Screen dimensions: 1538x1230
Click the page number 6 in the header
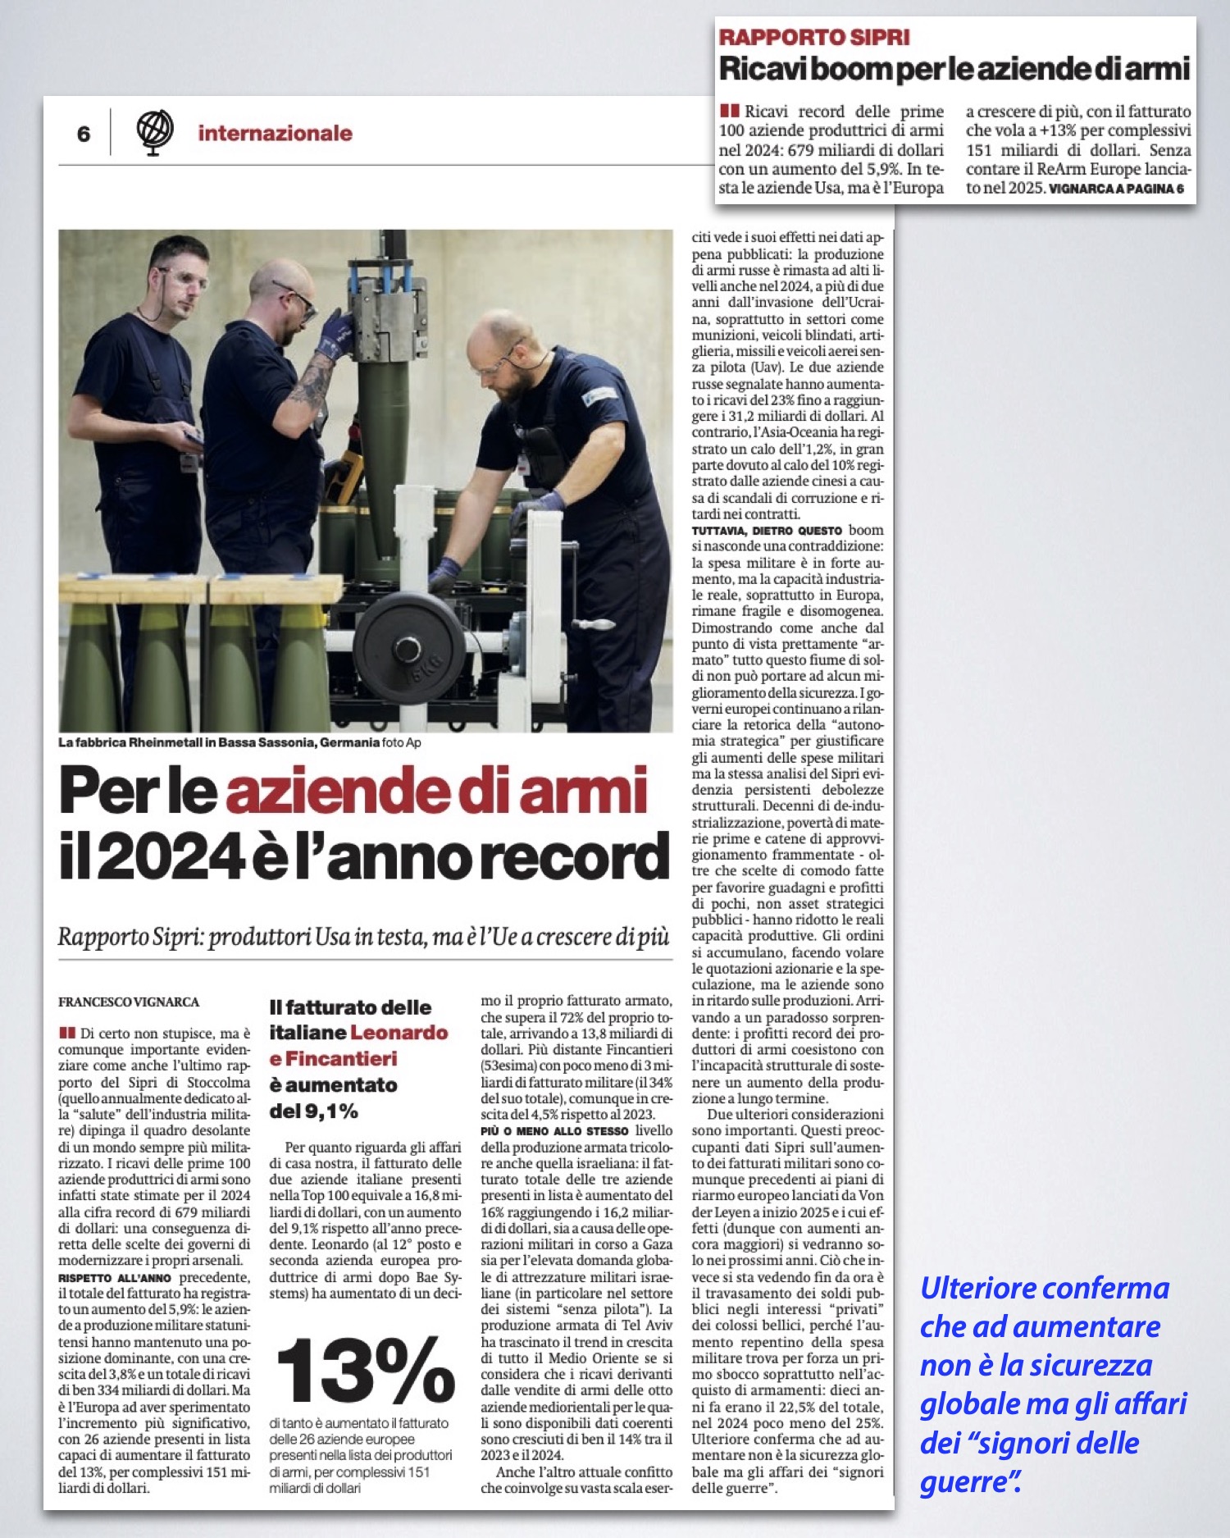tap(84, 135)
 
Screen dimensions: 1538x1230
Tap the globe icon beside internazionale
tap(154, 131)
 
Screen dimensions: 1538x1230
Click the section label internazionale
tap(275, 134)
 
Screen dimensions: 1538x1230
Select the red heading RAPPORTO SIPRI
tap(813, 38)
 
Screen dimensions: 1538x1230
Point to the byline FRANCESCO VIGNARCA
tap(129, 1002)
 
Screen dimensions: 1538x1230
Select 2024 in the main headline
tap(172, 857)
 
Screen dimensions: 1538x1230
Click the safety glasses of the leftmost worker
tap(187, 278)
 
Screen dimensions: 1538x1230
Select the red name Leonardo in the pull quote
tap(399, 1032)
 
